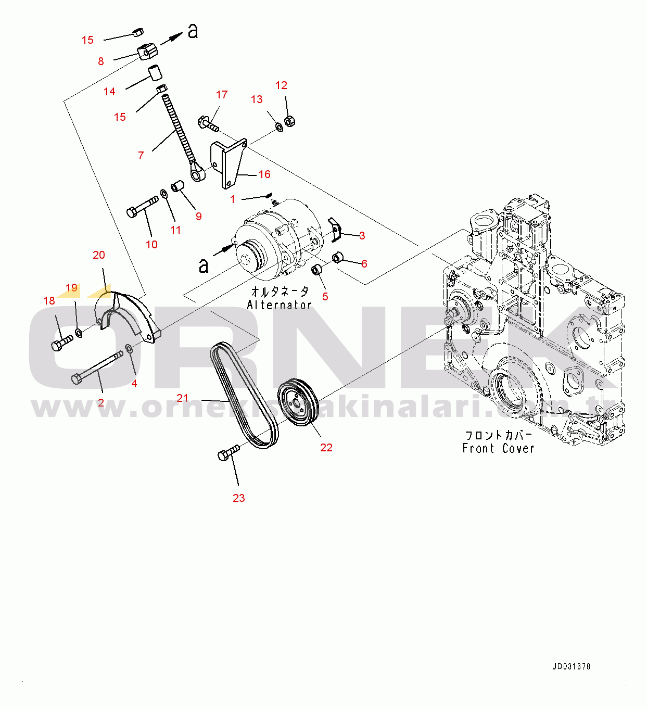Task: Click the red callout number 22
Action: (x=326, y=448)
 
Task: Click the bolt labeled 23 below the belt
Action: (x=228, y=453)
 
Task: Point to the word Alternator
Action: (x=280, y=305)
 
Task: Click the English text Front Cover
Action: (x=498, y=448)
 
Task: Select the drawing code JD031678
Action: (x=571, y=666)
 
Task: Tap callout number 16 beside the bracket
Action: (x=264, y=174)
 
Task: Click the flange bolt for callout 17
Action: (x=208, y=124)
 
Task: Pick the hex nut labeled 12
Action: (x=290, y=122)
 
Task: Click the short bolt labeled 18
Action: (x=61, y=343)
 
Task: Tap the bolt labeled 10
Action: (x=142, y=206)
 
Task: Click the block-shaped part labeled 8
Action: (x=147, y=52)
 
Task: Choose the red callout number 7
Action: (x=141, y=155)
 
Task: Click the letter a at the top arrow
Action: (x=193, y=31)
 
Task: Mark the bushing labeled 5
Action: (x=318, y=271)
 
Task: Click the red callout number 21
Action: (x=182, y=398)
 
